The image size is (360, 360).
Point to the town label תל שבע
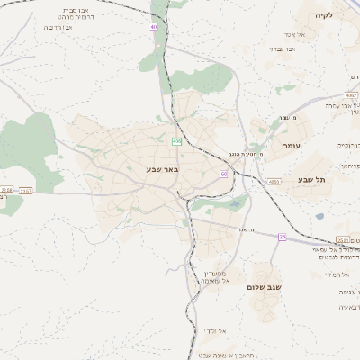[310, 180]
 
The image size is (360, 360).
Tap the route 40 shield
[154, 27]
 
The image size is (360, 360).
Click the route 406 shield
[176, 141]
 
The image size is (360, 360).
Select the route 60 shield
[223, 173]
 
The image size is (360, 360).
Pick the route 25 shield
[282, 237]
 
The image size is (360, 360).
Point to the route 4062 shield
[350, 93]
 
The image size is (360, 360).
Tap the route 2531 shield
[343, 239]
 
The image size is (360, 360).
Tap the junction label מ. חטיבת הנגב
[246, 153]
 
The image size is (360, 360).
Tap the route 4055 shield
[272, 181]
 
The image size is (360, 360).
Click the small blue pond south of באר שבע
[237, 203]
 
